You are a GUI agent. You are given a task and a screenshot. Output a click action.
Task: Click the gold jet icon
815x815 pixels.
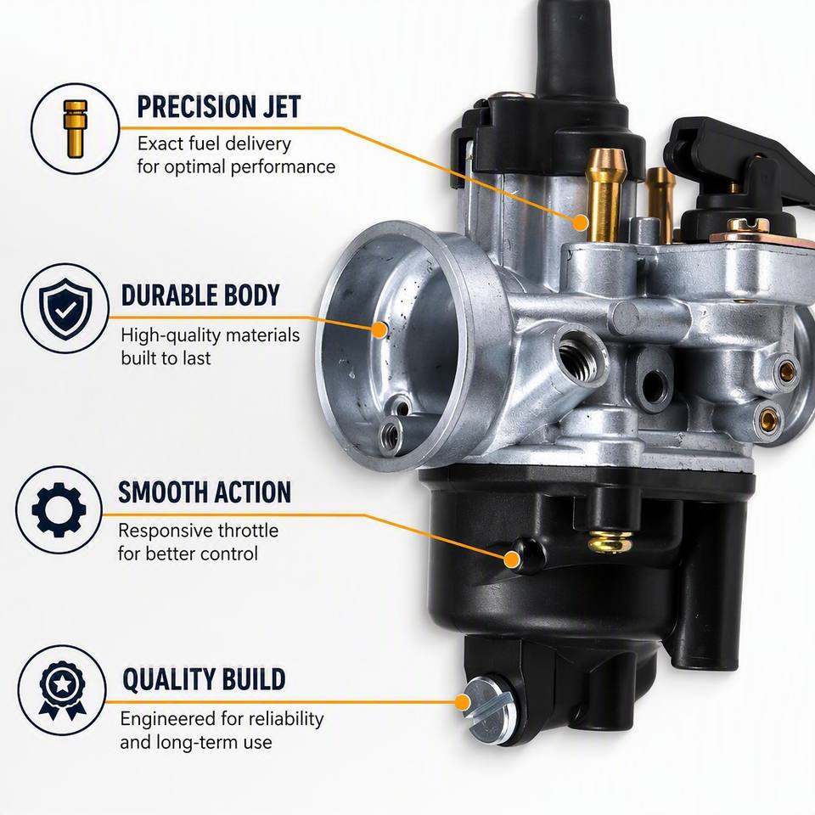coord(76,129)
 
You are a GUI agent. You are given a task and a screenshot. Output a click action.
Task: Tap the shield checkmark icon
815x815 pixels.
coord(65,309)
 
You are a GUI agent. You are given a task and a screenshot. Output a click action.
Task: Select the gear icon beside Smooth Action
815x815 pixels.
coord(59,509)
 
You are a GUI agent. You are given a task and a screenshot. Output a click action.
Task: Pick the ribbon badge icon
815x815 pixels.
coord(62,690)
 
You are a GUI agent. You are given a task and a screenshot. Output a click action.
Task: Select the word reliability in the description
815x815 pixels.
coord(286,719)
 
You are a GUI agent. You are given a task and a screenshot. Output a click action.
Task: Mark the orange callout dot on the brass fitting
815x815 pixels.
coord(581,223)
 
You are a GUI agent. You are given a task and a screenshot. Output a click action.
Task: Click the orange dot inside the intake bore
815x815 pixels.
coord(380,329)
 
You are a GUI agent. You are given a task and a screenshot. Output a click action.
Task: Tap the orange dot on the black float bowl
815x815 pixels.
coord(512,559)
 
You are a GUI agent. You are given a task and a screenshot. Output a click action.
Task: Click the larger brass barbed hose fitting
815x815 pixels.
coord(605,194)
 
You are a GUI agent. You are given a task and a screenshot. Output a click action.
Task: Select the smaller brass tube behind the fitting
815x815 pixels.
coord(661,202)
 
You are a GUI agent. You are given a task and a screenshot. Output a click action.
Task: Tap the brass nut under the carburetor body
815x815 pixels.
coord(610,542)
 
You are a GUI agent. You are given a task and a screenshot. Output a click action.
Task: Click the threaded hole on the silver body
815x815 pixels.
coord(579,354)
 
